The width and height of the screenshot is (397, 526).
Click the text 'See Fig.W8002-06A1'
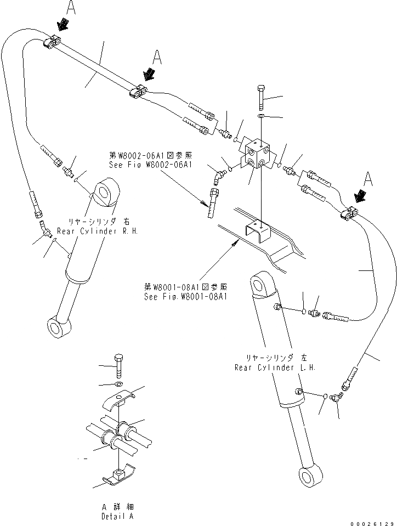(150, 165)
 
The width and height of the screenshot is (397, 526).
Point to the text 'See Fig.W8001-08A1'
(185, 297)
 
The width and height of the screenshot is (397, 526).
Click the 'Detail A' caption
(117, 516)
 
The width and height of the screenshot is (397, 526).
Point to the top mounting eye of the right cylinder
(104, 192)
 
